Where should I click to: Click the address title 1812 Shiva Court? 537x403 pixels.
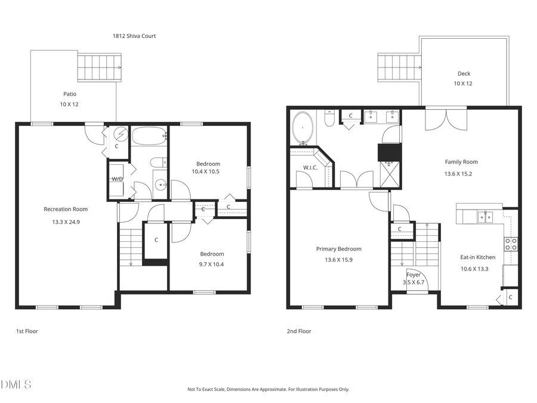134,36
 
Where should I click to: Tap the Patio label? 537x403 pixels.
70,94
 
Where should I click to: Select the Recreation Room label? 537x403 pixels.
66,209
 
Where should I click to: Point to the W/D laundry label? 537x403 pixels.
117,179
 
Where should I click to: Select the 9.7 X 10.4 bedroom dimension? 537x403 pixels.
212,263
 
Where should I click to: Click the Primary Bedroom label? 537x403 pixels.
338,249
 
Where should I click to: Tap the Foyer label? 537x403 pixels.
413,275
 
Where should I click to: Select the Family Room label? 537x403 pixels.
461,162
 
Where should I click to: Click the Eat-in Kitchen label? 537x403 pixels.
477,257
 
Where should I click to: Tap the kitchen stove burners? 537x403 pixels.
511,244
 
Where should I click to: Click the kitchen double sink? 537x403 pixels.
484,216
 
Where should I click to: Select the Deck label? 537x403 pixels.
464,74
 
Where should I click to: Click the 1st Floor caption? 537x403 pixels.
27,331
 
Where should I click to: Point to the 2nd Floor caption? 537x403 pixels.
299,331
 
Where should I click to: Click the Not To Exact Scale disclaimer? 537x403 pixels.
268,389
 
